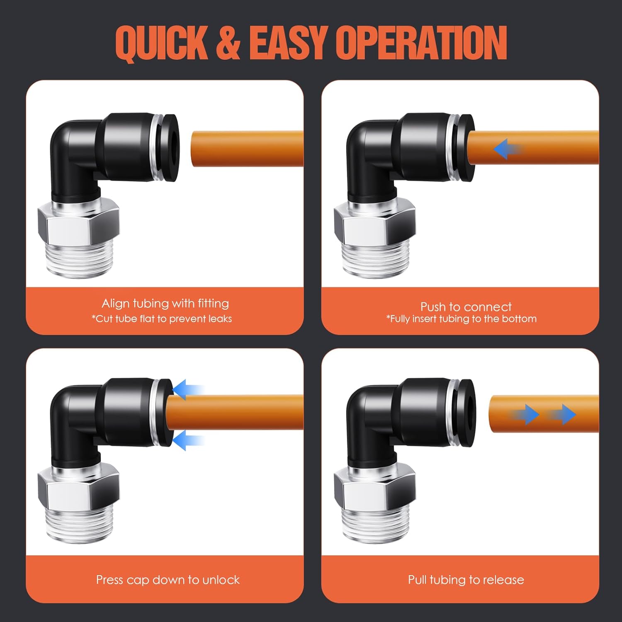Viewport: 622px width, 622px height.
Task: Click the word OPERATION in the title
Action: click(421, 43)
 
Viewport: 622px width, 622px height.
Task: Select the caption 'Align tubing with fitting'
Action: click(165, 304)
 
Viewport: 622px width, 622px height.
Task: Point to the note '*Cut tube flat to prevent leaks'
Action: click(162, 319)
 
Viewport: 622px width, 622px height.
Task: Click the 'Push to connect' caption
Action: click(466, 307)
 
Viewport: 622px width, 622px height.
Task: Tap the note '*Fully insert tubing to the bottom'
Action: click(462, 319)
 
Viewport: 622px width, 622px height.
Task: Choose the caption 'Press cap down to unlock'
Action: click(168, 580)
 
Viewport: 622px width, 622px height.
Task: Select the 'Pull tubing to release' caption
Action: click(466, 580)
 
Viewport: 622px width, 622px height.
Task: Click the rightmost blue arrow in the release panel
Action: click(564, 414)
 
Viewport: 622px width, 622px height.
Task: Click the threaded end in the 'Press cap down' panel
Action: click(79, 525)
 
